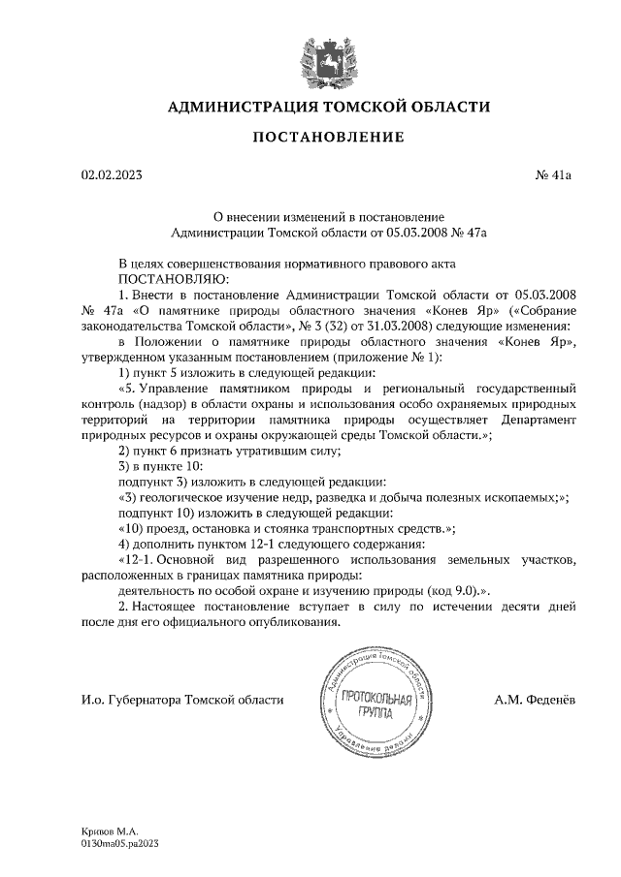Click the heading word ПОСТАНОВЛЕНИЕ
(328, 138)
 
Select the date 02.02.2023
(112, 175)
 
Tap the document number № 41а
(554, 175)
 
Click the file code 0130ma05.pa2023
(119, 844)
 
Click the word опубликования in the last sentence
(296, 621)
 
